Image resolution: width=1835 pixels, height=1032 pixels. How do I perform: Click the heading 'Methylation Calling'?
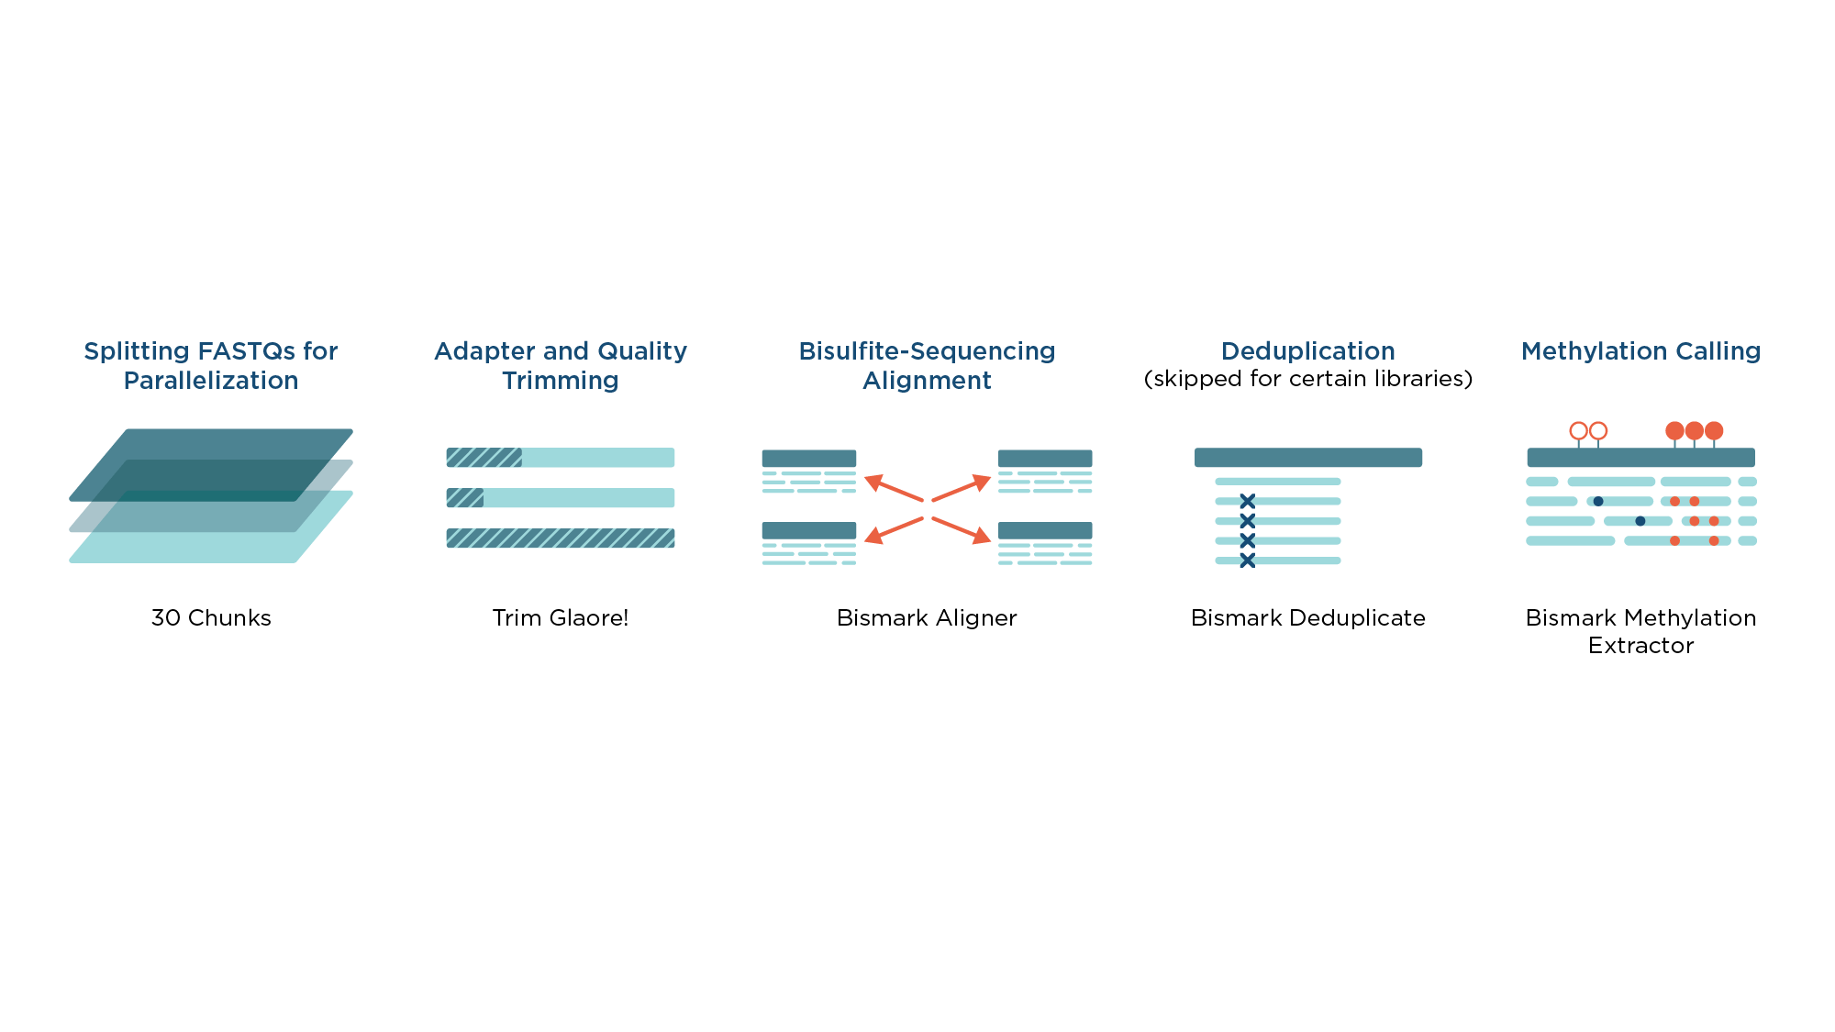point(1640,351)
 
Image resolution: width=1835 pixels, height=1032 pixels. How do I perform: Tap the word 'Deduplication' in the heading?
point(1307,351)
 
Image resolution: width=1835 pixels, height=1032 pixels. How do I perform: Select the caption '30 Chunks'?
point(211,617)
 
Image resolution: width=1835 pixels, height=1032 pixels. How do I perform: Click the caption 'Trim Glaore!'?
point(561,617)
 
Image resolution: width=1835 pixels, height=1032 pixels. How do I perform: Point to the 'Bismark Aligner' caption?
point(927,617)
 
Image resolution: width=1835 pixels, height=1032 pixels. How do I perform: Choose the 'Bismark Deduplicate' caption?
point(1307,617)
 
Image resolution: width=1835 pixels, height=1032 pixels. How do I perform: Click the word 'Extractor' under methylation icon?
point(1640,645)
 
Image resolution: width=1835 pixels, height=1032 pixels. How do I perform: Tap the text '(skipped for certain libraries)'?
point(1307,379)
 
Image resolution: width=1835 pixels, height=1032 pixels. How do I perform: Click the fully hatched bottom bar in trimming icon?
point(561,538)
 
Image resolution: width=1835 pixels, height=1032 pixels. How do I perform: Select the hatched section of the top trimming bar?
point(484,458)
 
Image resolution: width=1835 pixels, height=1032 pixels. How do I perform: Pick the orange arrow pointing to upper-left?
point(894,488)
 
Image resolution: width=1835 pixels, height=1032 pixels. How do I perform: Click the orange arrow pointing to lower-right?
point(962,530)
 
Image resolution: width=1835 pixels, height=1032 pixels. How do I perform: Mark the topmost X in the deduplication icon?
point(1247,501)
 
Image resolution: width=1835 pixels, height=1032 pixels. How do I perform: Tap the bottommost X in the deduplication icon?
point(1247,560)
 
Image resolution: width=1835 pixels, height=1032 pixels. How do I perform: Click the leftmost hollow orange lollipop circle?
point(1578,431)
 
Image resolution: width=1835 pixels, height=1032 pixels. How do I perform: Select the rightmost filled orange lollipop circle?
point(1714,431)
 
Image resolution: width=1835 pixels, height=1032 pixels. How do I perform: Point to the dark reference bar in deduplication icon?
point(1307,458)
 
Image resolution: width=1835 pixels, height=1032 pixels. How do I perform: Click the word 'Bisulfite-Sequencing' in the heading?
point(927,351)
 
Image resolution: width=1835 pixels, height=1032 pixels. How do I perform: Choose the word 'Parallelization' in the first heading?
point(211,381)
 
